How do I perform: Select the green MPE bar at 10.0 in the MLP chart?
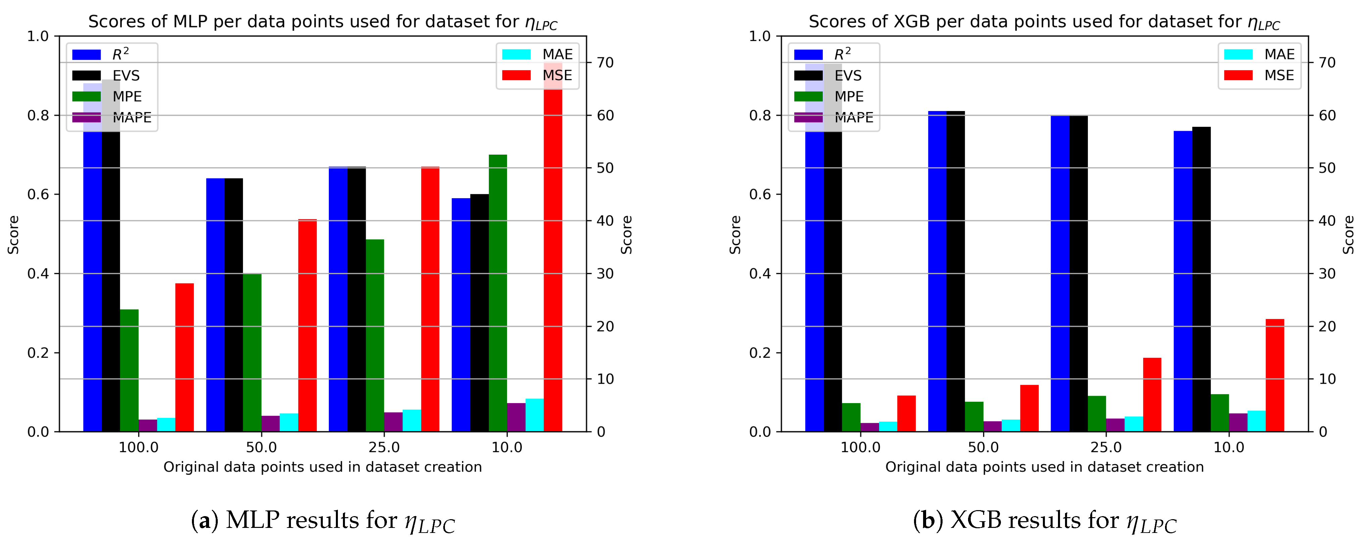498,294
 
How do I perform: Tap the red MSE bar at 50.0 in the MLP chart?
307,325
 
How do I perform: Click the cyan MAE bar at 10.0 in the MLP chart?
534,415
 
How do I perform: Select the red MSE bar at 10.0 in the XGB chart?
1274,376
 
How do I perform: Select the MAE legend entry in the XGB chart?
1260,54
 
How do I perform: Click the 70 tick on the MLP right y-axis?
605,62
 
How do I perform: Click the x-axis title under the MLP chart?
322,467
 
